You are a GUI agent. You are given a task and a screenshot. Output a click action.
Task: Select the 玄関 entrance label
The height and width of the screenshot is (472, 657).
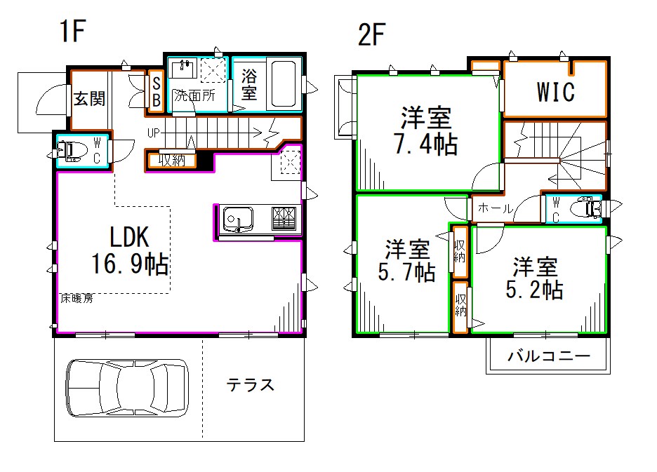(89, 98)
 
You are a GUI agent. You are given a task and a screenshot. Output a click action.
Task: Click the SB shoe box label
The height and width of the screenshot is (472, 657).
(156, 91)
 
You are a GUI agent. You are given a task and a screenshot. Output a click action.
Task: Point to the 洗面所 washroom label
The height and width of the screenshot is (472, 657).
(194, 95)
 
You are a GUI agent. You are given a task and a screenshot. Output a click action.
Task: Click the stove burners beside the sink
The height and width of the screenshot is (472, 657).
(284, 219)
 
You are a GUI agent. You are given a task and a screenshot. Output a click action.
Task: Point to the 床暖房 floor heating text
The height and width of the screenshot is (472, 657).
(77, 298)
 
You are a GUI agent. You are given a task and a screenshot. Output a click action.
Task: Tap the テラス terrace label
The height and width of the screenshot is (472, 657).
(250, 384)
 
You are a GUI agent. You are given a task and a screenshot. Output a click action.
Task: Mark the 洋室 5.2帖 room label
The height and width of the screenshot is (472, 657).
(535, 278)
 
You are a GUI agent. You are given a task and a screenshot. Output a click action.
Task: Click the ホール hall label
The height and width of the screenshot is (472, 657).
(496, 209)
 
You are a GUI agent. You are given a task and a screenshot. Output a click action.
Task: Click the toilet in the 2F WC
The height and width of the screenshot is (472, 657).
(589, 208)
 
